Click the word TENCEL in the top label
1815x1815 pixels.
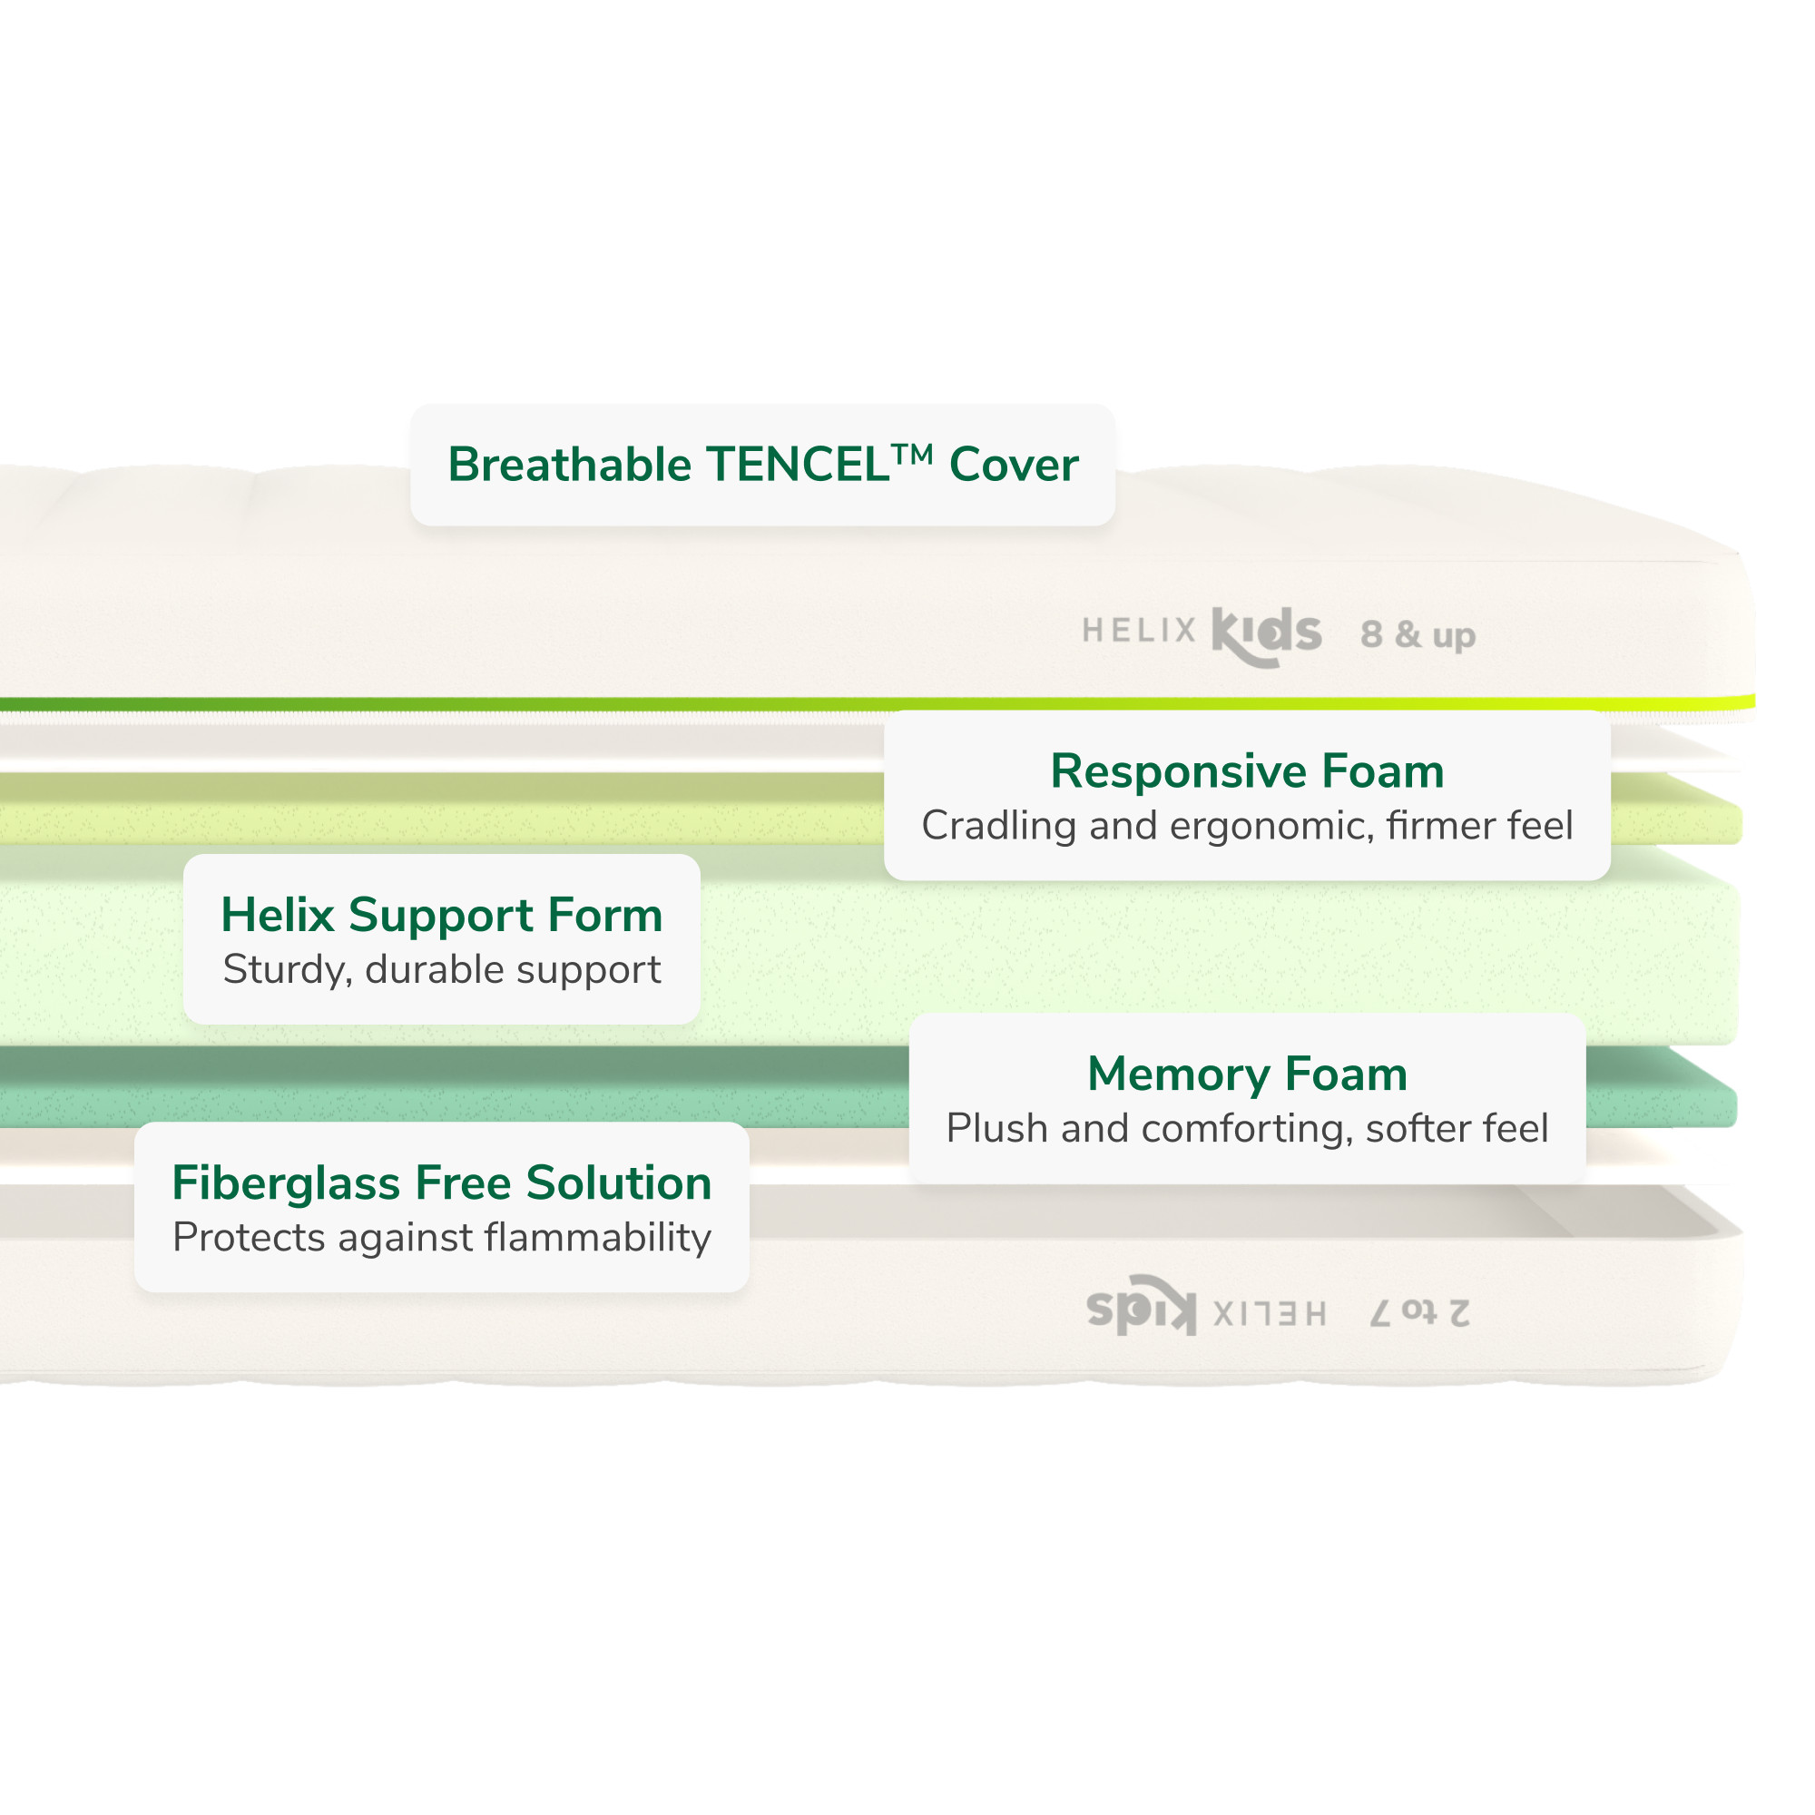(x=799, y=465)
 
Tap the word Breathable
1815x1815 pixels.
(x=570, y=465)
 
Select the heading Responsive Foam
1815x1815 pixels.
(x=1247, y=771)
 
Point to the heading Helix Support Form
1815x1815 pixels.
(x=442, y=915)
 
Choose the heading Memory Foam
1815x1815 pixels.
(x=1247, y=1074)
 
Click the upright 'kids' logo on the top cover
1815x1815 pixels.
(x=1266, y=635)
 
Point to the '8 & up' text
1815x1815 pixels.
(x=1418, y=636)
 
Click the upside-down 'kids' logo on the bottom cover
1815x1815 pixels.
(x=1142, y=1306)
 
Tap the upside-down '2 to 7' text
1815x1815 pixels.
(x=1419, y=1312)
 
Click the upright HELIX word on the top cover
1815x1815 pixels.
(x=1139, y=631)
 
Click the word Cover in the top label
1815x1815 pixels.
(x=1014, y=465)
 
